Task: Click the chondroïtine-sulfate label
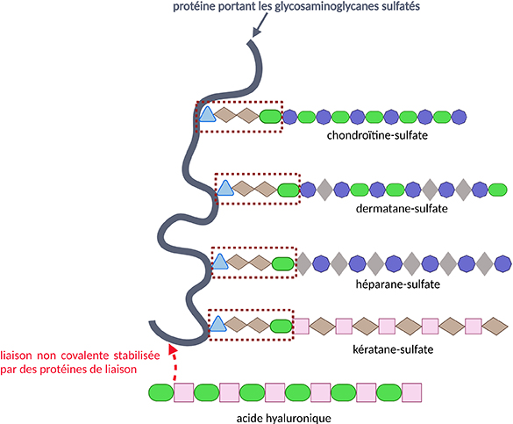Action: click(x=377, y=135)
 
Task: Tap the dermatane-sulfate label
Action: click(x=402, y=208)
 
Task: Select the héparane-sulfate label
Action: click(x=397, y=284)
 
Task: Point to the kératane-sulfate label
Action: click(x=393, y=349)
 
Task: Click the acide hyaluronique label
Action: click(x=283, y=418)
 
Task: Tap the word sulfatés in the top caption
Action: click(x=401, y=6)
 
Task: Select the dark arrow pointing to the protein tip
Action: click(x=260, y=25)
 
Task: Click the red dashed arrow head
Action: click(x=173, y=349)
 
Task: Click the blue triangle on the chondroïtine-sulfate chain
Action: click(x=207, y=115)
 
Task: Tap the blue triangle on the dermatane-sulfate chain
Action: click(x=225, y=188)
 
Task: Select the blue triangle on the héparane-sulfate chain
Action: click(x=219, y=262)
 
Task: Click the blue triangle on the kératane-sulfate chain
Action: click(x=217, y=324)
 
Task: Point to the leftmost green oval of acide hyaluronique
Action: click(x=161, y=392)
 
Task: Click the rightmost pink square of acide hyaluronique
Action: click(x=411, y=392)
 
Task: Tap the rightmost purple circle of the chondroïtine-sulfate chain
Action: click(x=459, y=117)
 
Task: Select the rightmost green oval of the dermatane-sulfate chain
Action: click(x=497, y=190)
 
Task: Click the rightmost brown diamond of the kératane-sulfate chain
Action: click(x=495, y=326)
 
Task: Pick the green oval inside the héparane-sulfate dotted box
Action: click(x=283, y=263)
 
